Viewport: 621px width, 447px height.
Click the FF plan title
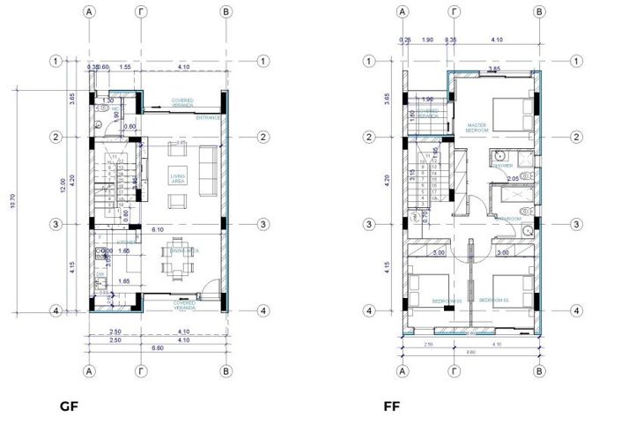tap(392, 406)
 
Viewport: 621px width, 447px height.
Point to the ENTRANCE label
tap(209, 117)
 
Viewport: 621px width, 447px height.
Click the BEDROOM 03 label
tap(446, 301)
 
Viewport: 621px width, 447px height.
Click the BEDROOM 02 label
tap(494, 300)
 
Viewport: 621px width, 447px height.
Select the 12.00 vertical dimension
tap(63, 191)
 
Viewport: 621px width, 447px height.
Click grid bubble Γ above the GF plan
tap(139, 12)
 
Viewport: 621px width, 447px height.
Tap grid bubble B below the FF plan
tap(539, 371)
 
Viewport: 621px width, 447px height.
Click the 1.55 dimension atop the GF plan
tap(127, 67)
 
